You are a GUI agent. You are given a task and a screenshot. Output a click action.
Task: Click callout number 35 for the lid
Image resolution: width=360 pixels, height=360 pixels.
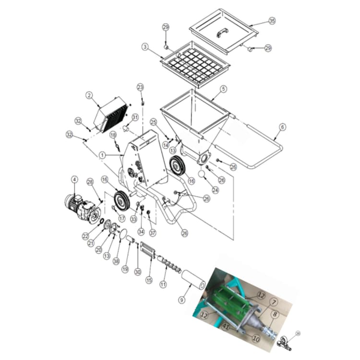tap(272, 21)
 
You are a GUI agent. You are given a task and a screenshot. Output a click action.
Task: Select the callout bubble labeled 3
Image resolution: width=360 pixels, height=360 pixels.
tap(144, 47)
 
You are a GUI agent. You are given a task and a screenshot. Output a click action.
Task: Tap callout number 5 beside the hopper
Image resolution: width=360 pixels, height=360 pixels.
tap(223, 89)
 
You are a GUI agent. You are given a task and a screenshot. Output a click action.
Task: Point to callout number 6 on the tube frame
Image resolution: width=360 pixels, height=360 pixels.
tap(282, 126)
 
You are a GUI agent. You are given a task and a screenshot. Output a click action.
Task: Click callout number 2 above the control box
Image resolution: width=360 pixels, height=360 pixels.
tap(89, 96)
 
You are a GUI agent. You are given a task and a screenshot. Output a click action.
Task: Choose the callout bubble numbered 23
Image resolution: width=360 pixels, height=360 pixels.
tap(140, 87)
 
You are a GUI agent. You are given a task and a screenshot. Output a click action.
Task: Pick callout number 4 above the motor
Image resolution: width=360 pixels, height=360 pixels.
tap(74, 180)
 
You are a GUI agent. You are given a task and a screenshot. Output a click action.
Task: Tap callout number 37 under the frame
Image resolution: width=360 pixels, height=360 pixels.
tap(153, 233)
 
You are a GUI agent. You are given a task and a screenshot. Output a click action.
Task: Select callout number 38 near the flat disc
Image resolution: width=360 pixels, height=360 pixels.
tap(116, 261)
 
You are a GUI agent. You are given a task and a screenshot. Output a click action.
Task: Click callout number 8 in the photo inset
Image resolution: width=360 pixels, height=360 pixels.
tap(275, 315)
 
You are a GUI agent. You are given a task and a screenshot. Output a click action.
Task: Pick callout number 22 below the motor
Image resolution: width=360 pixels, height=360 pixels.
tap(85, 236)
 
